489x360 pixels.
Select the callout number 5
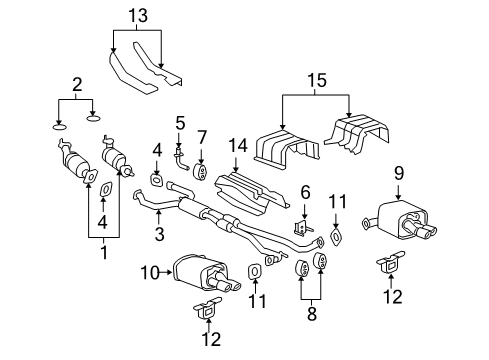(x=180, y=124)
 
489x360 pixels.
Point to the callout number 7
(x=202, y=135)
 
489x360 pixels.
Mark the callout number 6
(x=305, y=191)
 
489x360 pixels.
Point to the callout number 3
(x=158, y=235)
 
